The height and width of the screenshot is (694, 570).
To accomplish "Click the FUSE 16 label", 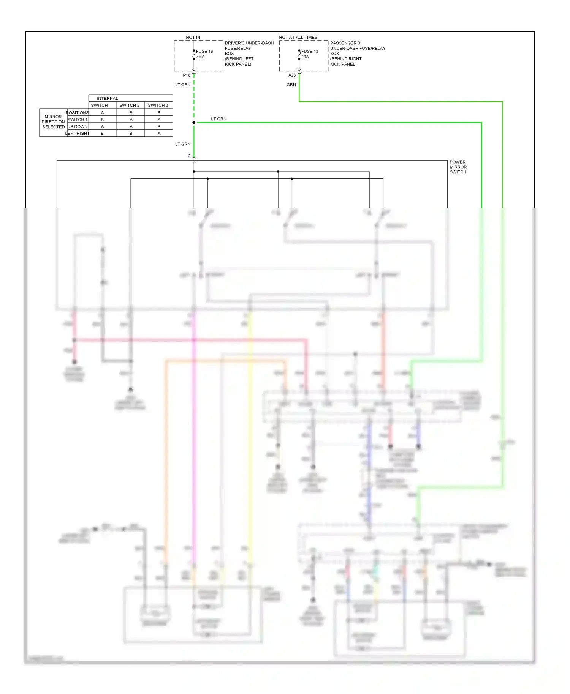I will point(204,51).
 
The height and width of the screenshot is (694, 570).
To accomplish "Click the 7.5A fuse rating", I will point(200,57).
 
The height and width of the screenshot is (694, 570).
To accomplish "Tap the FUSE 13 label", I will point(310,51).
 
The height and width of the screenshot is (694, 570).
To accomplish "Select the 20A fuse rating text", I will point(305,57).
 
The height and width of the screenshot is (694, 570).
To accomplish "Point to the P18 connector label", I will point(187,75).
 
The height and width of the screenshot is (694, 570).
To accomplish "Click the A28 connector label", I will point(292,75).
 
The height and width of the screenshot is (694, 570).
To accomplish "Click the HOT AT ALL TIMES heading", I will point(298,37).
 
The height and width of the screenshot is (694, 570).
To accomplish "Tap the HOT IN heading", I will point(193,37).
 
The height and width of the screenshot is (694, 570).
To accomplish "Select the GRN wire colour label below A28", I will point(291,85).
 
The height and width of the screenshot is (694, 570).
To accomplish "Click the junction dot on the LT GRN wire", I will point(194,123).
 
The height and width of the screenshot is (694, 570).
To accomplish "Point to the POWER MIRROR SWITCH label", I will point(458,167).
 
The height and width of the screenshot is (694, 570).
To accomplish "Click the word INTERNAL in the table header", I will point(107,98).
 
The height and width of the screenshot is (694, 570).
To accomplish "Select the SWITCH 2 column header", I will point(129,105).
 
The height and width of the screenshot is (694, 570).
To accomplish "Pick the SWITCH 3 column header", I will point(158,105).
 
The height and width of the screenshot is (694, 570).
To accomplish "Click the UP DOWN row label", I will point(78,126).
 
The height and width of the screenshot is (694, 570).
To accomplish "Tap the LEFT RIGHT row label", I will point(78,133).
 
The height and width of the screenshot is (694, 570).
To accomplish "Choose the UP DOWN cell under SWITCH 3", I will point(159,126).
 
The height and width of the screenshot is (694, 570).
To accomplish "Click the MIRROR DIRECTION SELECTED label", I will point(53,122).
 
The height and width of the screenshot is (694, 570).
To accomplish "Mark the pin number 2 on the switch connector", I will point(189,156).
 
